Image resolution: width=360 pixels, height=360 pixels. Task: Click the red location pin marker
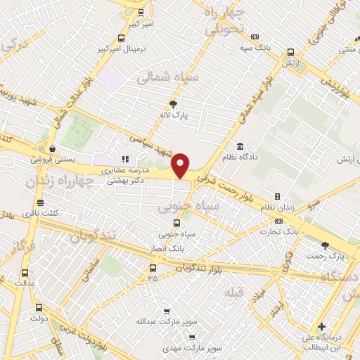point(181,165)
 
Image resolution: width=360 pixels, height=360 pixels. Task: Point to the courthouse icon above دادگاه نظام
point(240,146)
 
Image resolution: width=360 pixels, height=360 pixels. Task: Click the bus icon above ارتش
point(290,52)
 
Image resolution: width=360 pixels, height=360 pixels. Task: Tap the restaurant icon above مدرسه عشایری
point(125,160)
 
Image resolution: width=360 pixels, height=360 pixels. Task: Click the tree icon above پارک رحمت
point(324,245)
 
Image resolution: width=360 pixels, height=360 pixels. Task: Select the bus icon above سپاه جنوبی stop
point(167,224)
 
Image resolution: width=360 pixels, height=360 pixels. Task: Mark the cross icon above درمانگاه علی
point(321,327)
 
